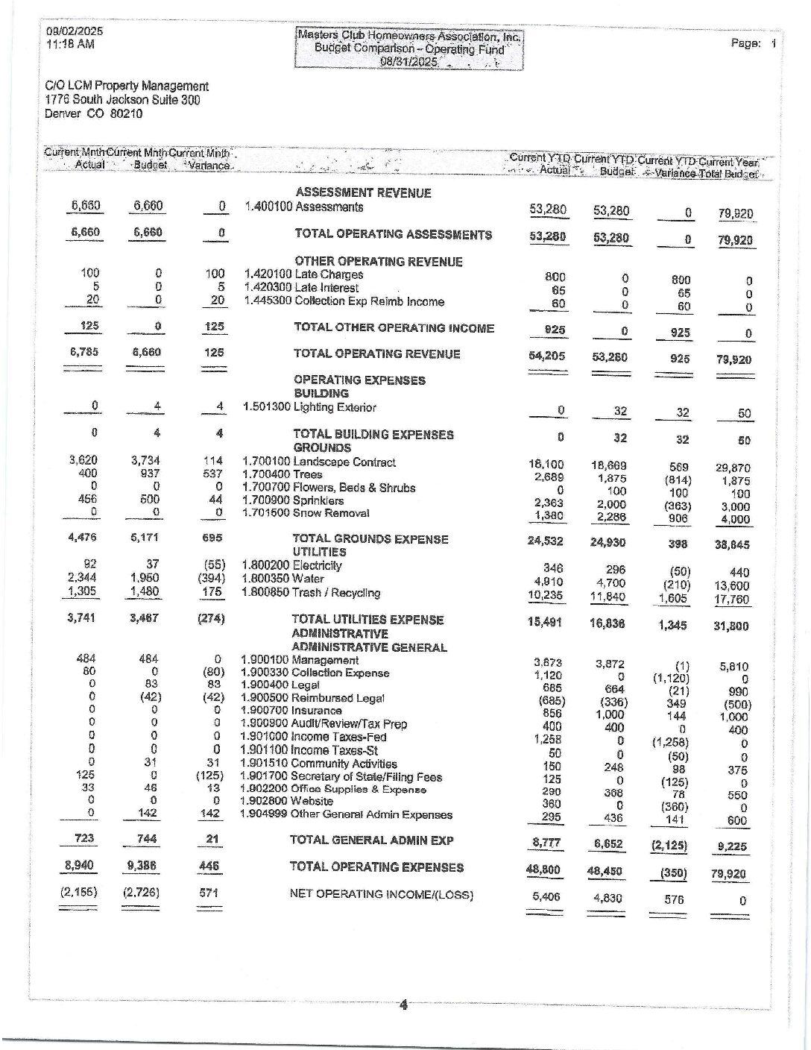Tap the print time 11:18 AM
(x=70, y=44)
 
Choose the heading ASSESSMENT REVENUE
(x=363, y=192)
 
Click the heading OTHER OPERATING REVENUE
(x=379, y=261)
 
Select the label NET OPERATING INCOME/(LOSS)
(x=381, y=895)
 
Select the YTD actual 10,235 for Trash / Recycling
(x=547, y=595)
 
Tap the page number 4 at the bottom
(x=403, y=1005)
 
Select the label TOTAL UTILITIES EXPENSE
(x=367, y=620)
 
